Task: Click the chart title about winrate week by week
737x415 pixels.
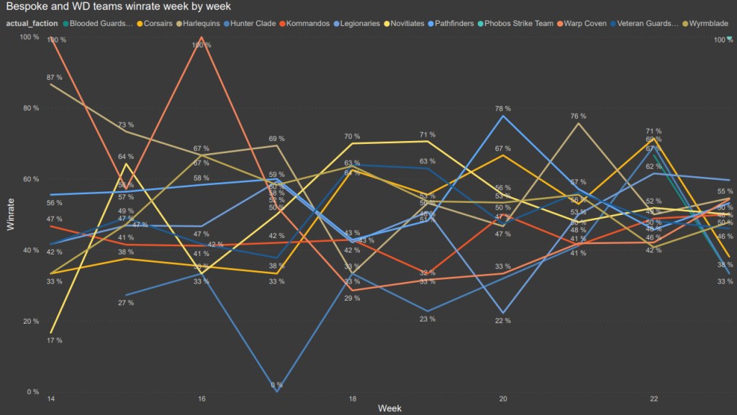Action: click(x=119, y=7)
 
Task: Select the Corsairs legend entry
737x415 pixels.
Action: click(x=158, y=23)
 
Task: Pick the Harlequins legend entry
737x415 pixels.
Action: click(x=204, y=23)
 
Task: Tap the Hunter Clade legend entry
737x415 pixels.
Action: click(x=253, y=23)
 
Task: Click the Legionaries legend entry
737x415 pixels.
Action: click(x=359, y=23)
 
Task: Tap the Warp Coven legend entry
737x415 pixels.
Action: click(x=587, y=23)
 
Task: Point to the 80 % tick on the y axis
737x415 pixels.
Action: click(x=32, y=108)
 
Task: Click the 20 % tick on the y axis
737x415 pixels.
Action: click(x=32, y=321)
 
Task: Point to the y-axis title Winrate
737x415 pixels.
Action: click(x=10, y=214)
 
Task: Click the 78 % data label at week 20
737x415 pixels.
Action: click(x=503, y=109)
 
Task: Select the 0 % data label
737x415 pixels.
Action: click(x=277, y=386)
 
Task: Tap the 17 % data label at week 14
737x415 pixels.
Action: click(x=54, y=340)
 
